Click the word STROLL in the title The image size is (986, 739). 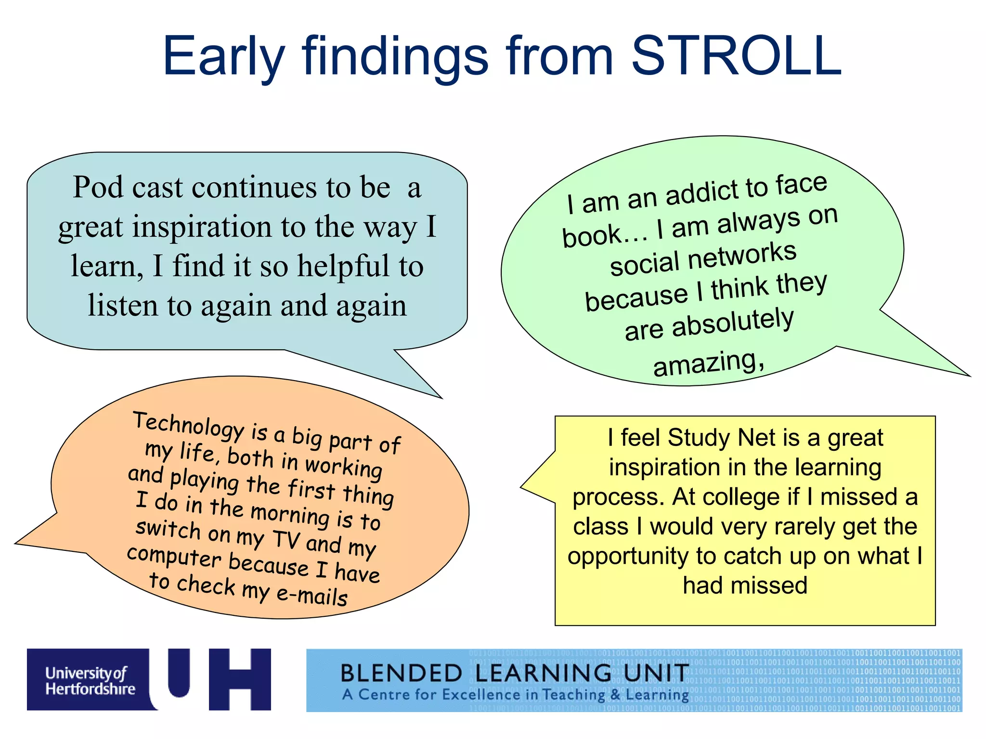coord(736,57)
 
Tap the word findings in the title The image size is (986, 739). coord(395,58)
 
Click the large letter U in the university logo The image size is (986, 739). coord(178,674)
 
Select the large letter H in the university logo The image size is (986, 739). coord(240,679)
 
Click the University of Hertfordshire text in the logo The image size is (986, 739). coord(90,680)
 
